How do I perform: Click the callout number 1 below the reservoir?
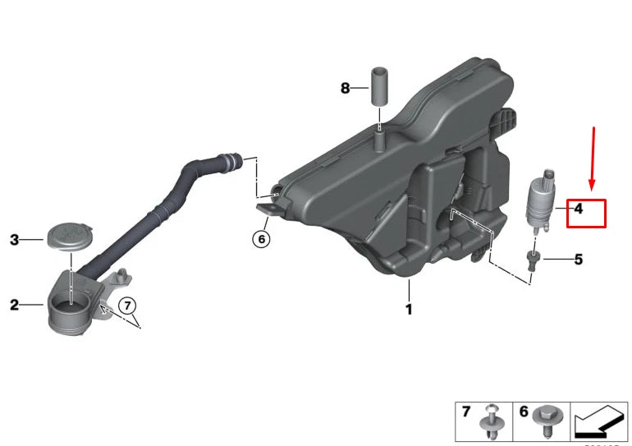point(408,310)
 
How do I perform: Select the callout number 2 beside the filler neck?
point(14,306)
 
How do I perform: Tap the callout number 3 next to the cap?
point(14,240)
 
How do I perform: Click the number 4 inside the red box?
point(578,209)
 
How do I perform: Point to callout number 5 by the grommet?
point(578,260)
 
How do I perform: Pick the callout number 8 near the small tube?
point(346,87)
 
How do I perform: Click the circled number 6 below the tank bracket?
point(260,240)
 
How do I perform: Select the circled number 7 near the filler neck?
point(127,306)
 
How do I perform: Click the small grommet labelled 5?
point(533,260)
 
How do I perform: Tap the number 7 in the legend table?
point(466,411)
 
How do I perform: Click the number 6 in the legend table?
point(523,411)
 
